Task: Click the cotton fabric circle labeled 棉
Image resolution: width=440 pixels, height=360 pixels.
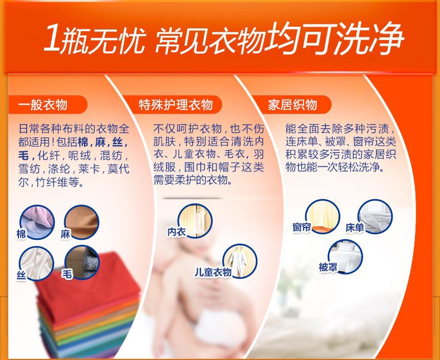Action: click(x=37, y=222)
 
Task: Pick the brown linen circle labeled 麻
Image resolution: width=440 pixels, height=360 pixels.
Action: click(x=82, y=222)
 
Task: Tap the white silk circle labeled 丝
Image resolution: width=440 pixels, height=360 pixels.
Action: click(x=36, y=263)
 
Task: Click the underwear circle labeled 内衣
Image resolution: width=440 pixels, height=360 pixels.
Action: click(x=195, y=221)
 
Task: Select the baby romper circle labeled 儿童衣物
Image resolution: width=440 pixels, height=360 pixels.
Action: click(x=240, y=262)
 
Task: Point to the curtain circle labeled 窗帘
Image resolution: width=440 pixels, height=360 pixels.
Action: click(x=322, y=216)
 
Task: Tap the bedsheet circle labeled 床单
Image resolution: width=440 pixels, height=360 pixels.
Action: click(x=375, y=216)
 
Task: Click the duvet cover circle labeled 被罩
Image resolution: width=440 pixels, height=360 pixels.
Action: click(x=345, y=257)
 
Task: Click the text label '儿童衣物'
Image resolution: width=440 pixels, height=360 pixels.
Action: click(x=213, y=272)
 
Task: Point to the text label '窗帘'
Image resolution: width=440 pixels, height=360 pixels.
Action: click(x=302, y=228)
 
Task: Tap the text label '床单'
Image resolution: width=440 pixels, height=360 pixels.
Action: click(x=355, y=228)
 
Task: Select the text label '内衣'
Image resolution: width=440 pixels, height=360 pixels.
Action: click(x=177, y=232)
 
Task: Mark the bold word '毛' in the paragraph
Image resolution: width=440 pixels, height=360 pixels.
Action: click(x=23, y=156)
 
